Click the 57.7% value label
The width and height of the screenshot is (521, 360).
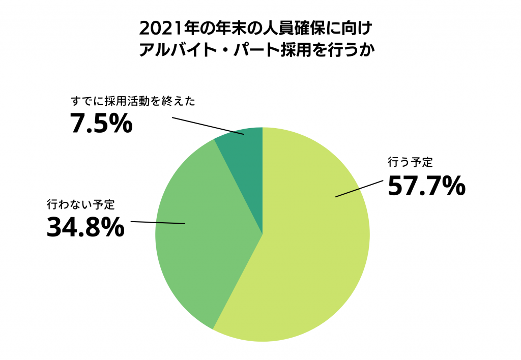point(426,186)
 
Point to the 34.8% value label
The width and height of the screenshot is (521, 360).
point(85,228)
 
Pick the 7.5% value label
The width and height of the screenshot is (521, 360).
point(101,124)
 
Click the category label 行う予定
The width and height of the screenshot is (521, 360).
point(410,163)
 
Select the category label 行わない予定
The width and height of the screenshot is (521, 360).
point(81,205)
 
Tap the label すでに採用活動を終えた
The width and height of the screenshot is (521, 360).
point(133,101)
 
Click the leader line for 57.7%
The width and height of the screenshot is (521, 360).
point(359,188)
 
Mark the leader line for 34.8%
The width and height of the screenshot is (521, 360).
point(158,223)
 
